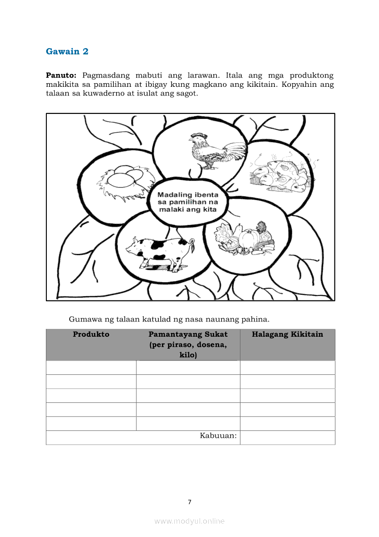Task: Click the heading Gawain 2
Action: point(67,51)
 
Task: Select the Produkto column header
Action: point(91,334)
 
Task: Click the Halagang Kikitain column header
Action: point(287,334)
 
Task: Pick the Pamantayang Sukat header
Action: point(188,334)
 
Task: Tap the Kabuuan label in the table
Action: point(218,435)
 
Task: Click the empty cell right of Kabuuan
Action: point(287,437)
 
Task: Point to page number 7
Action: point(189,502)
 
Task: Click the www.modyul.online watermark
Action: point(189,521)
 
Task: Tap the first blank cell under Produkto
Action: point(91,367)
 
